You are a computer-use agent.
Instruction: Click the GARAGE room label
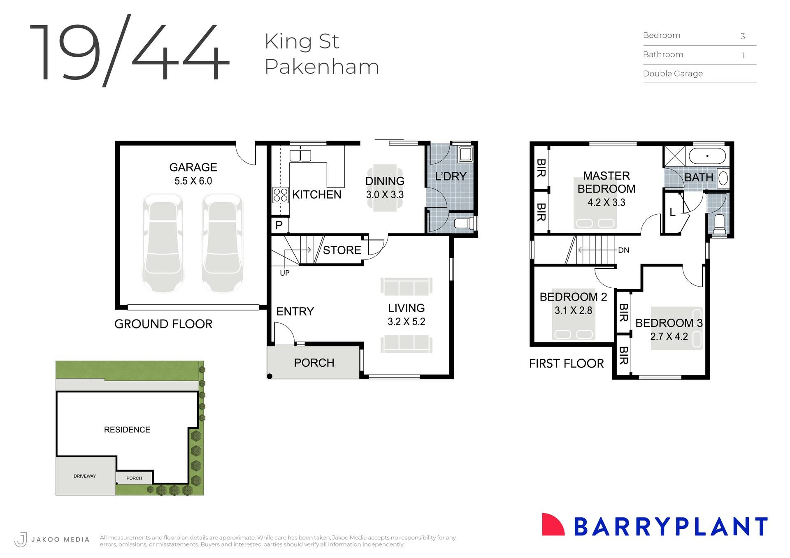tap(193, 167)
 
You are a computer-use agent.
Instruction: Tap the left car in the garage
tap(163, 243)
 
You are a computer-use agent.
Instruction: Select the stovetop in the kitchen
tap(280, 195)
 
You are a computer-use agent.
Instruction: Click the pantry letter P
tap(279, 225)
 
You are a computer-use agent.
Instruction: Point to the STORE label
tap(342, 250)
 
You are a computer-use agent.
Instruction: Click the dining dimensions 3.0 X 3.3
tap(385, 194)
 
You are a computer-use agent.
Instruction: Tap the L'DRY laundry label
tap(451, 176)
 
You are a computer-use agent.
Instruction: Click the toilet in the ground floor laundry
tap(465, 223)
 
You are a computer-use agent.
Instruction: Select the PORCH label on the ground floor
tap(314, 363)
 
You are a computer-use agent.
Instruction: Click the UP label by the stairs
tap(284, 273)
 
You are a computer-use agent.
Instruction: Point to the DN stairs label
tap(623, 250)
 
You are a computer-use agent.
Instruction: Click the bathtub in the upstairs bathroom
tap(707, 156)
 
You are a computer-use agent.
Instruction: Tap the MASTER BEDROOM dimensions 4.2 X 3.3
tap(606, 202)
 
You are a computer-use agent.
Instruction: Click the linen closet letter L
tap(672, 212)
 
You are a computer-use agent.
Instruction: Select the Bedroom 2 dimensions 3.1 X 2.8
tap(573, 310)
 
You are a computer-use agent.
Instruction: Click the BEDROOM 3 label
tap(669, 323)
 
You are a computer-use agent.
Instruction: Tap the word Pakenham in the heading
tap(321, 67)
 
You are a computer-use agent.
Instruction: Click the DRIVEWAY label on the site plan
tap(85, 476)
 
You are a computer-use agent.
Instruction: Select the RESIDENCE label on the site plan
tap(127, 430)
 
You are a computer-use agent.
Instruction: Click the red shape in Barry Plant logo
tap(552, 526)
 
